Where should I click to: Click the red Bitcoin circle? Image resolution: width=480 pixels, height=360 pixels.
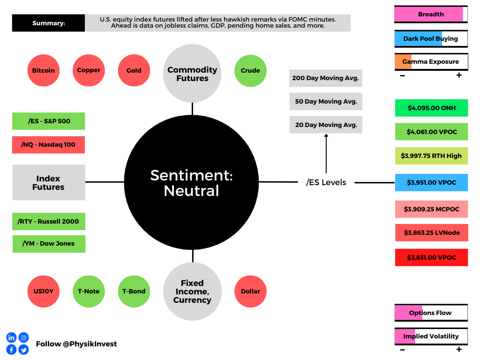pyautogui.click(x=44, y=70)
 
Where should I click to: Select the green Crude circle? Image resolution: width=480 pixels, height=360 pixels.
pyautogui.click(x=250, y=71)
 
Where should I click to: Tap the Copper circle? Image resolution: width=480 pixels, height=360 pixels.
pyautogui.click(x=89, y=70)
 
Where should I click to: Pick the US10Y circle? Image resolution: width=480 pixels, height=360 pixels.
pyautogui.click(x=44, y=292)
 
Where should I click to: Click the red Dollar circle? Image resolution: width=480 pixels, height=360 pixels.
pyautogui.click(x=250, y=292)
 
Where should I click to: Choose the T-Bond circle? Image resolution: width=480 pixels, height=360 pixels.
pyautogui.click(x=134, y=292)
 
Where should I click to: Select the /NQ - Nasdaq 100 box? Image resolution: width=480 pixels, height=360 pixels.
pyautogui.click(x=48, y=145)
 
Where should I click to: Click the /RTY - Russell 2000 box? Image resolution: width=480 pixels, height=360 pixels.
pyautogui.click(x=49, y=221)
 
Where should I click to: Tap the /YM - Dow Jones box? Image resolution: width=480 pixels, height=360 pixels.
pyautogui.click(x=49, y=244)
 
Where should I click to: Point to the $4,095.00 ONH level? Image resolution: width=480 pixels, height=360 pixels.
pyautogui.click(x=431, y=108)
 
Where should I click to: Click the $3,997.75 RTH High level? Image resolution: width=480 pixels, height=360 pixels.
pyautogui.click(x=431, y=156)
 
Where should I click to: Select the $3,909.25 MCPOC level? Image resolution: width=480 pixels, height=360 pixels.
pyautogui.click(x=431, y=209)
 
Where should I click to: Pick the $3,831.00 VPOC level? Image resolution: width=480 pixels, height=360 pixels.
pyautogui.click(x=431, y=257)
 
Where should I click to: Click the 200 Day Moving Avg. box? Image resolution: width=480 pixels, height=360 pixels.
pyautogui.click(x=326, y=78)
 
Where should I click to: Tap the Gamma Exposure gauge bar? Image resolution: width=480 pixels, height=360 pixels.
pyautogui.click(x=431, y=62)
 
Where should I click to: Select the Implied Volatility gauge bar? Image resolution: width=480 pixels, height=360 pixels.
pyautogui.click(x=431, y=337)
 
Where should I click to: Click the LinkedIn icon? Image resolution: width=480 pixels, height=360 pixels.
pyautogui.click(x=11, y=337)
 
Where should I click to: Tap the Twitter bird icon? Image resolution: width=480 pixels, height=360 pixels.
pyautogui.click(x=23, y=350)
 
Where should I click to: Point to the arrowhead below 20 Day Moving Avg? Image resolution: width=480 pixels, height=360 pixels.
pyautogui.click(x=326, y=135)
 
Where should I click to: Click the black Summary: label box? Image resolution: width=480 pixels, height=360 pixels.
pyautogui.click(x=48, y=23)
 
